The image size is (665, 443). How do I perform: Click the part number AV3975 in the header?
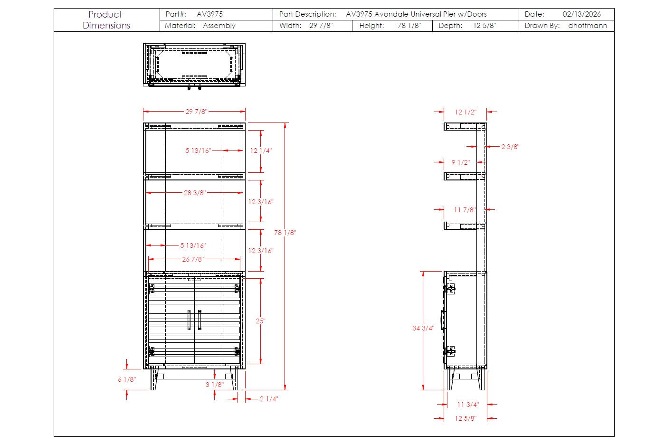tap(209, 14)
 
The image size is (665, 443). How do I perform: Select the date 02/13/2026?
tap(581, 14)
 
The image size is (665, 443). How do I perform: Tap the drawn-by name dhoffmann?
tap(588, 26)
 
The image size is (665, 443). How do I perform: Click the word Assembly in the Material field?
tap(219, 26)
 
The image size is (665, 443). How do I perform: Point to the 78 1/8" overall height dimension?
tap(285, 233)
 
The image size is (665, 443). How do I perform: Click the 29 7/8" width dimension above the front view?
tap(196, 112)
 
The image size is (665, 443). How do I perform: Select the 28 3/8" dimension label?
tap(195, 193)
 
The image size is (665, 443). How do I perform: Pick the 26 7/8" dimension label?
tap(193, 259)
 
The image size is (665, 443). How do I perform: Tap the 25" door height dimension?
tap(260, 321)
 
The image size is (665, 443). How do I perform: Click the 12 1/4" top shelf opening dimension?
tap(261, 151)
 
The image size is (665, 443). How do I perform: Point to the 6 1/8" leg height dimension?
tap(127, 379)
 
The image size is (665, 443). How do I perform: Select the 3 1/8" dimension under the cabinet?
tap(214, 385)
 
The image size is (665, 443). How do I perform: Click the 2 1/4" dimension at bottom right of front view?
tap(269, 399)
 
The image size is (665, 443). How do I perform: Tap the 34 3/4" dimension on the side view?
tap(423, 328)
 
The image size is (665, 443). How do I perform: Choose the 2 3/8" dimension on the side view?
tap(510, 147)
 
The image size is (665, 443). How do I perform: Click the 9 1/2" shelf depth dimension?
tap(461, 162)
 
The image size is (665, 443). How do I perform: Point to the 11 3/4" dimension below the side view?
tap(468, 405)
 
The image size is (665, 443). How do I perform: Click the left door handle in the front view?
tap(189, 320)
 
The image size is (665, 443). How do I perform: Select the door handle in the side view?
tap(442, 320)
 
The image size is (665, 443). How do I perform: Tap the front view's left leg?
tap(154, 379)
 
